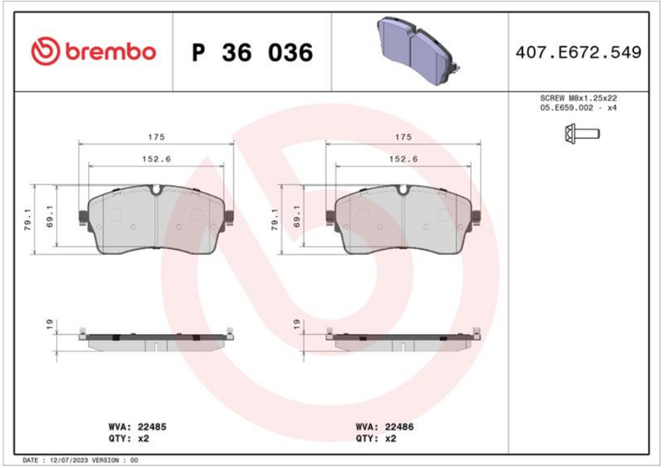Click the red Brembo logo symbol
[46, 51]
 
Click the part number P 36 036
[252, 52]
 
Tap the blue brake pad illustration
[418, 51]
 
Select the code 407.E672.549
[579, 52]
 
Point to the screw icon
[582, 134]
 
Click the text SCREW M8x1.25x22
[579, 98]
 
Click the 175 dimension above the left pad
[156, 137]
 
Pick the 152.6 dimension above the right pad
[403, 159]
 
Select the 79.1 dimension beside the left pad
[28, 219]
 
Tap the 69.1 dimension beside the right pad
[297, 217]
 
